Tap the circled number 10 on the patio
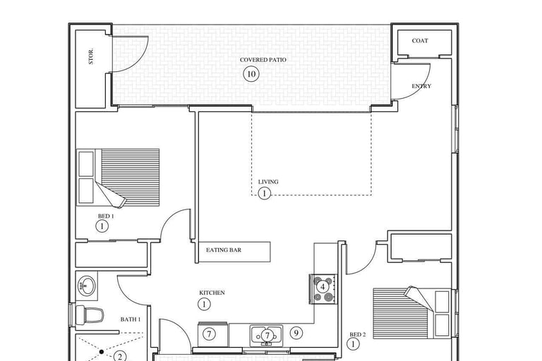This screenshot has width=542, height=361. pyautogui.click(x=251, y=74)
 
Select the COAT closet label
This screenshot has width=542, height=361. pyautogui.click(x=420, y=41)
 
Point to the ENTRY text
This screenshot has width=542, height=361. pyautogui.click(x=421, y=86)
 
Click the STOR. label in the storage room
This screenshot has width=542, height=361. pyautogui.click(x=91, y=56)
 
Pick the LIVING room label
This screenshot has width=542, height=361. pyautogui.click(x=268, y=182)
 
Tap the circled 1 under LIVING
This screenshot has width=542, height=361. pyautogui.click(x=264, y=193)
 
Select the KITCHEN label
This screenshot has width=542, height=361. pyautogui.click(x=212, y=293)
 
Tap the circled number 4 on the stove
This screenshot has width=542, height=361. pyautogui.click(x=323, y=287)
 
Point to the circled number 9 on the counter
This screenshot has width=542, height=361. pyautogui.click(x=296, y=333)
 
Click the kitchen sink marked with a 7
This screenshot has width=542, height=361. pyautogui.click(x=267, y=334)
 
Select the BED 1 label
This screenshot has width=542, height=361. pyautogui.click(x=106, y=216)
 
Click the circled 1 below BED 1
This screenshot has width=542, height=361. pyautogui.click(x=102, y=226)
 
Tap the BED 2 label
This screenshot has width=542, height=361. pyautogui.click(x=358, y=334)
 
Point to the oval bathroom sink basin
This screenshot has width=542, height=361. pyautogui.click(x=87, y=286)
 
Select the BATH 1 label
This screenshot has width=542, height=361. pyautogui.click(x=131, y=319)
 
